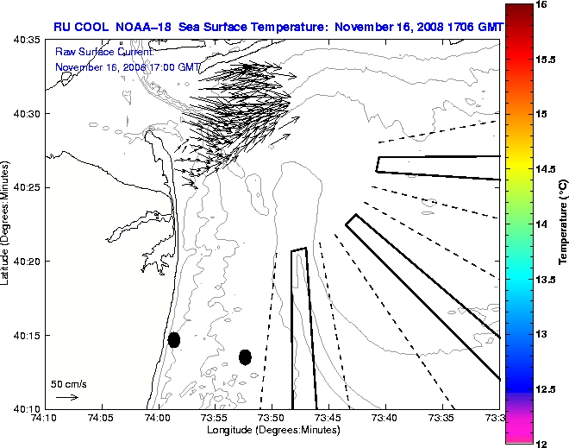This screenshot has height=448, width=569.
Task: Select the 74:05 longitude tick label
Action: coord(102,419)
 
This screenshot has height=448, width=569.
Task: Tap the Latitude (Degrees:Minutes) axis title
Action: coord(7,224)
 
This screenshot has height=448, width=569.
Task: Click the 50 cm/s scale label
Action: coord(69,384)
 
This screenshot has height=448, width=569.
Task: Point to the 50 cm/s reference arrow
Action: coord(67,397)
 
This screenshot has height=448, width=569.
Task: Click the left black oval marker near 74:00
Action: coord(174,339)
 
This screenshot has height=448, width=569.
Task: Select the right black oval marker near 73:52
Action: coord(245,357)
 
